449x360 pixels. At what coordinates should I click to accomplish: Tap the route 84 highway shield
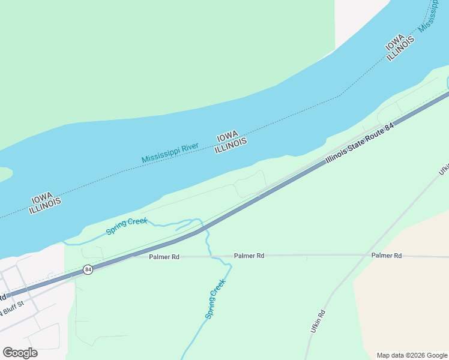click(x=88, y=269)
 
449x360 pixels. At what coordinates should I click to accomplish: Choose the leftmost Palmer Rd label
click(x=164, y=257)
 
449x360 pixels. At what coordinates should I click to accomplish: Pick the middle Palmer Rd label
click(x=249, y=256)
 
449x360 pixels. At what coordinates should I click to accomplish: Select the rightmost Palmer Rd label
click(x=386, y=256)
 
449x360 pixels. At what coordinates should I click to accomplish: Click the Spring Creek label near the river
click(x=126, y=227)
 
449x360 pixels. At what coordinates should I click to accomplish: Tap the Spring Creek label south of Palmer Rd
click(x=215, y=299)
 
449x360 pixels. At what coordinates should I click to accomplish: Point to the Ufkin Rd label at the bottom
click(x=318, y=322)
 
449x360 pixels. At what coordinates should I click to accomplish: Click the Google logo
click(x=20, y=353)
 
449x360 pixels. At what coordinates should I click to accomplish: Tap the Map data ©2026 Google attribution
click(x=412, y=355)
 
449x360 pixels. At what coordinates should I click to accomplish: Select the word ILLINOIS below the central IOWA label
click(x=231, y=145)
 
